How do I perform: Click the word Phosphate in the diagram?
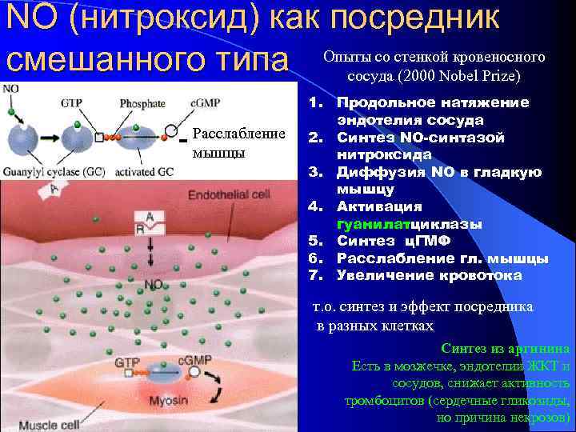click(142, 103)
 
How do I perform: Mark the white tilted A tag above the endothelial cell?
click(54, 189)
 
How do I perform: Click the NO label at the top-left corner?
click(11, 88)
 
